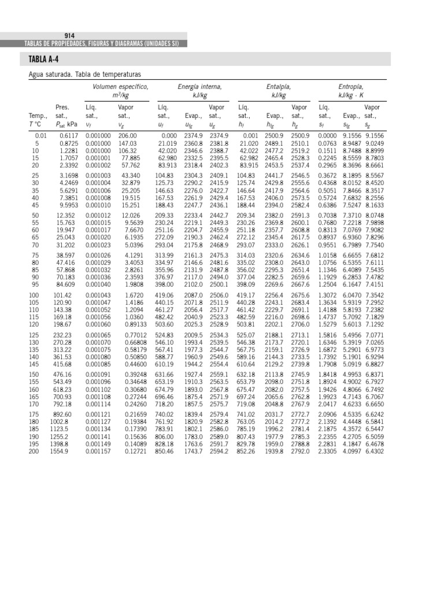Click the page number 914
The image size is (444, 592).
click(70, 35)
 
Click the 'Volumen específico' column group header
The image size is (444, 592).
click(120, 87)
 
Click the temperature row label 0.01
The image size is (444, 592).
click(36, 135)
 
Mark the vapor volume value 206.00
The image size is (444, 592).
click(127, 135)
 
